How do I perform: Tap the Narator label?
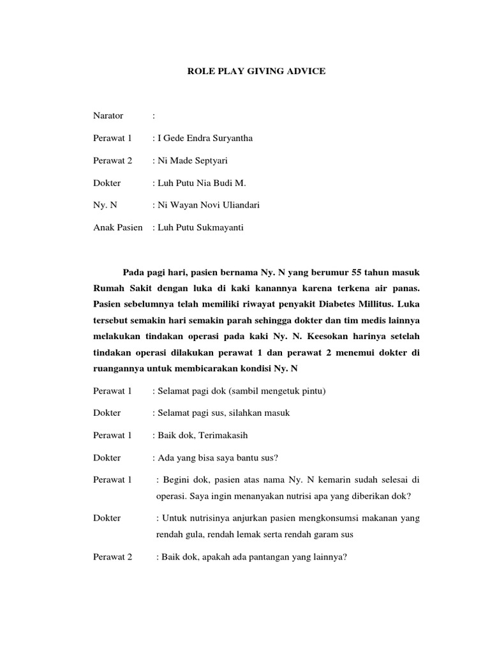tap(108, 116)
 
